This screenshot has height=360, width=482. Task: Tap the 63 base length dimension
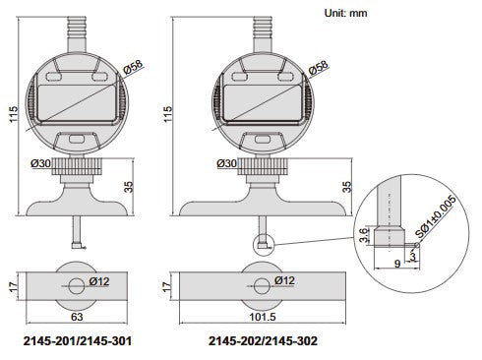pos(75,317)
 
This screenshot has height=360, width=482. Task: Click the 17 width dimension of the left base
pos(11,288)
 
